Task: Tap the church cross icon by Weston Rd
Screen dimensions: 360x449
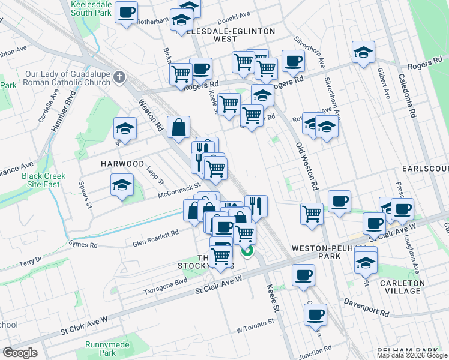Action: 119,77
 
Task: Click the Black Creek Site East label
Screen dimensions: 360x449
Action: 44,180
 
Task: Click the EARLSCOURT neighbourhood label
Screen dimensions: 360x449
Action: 426,169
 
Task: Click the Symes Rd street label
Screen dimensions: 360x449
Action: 82,245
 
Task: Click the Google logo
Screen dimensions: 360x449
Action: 20,352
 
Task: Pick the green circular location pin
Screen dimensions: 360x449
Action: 247,251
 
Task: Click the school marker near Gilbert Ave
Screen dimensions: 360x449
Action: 363,52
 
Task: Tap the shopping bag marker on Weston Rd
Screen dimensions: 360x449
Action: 179,127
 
